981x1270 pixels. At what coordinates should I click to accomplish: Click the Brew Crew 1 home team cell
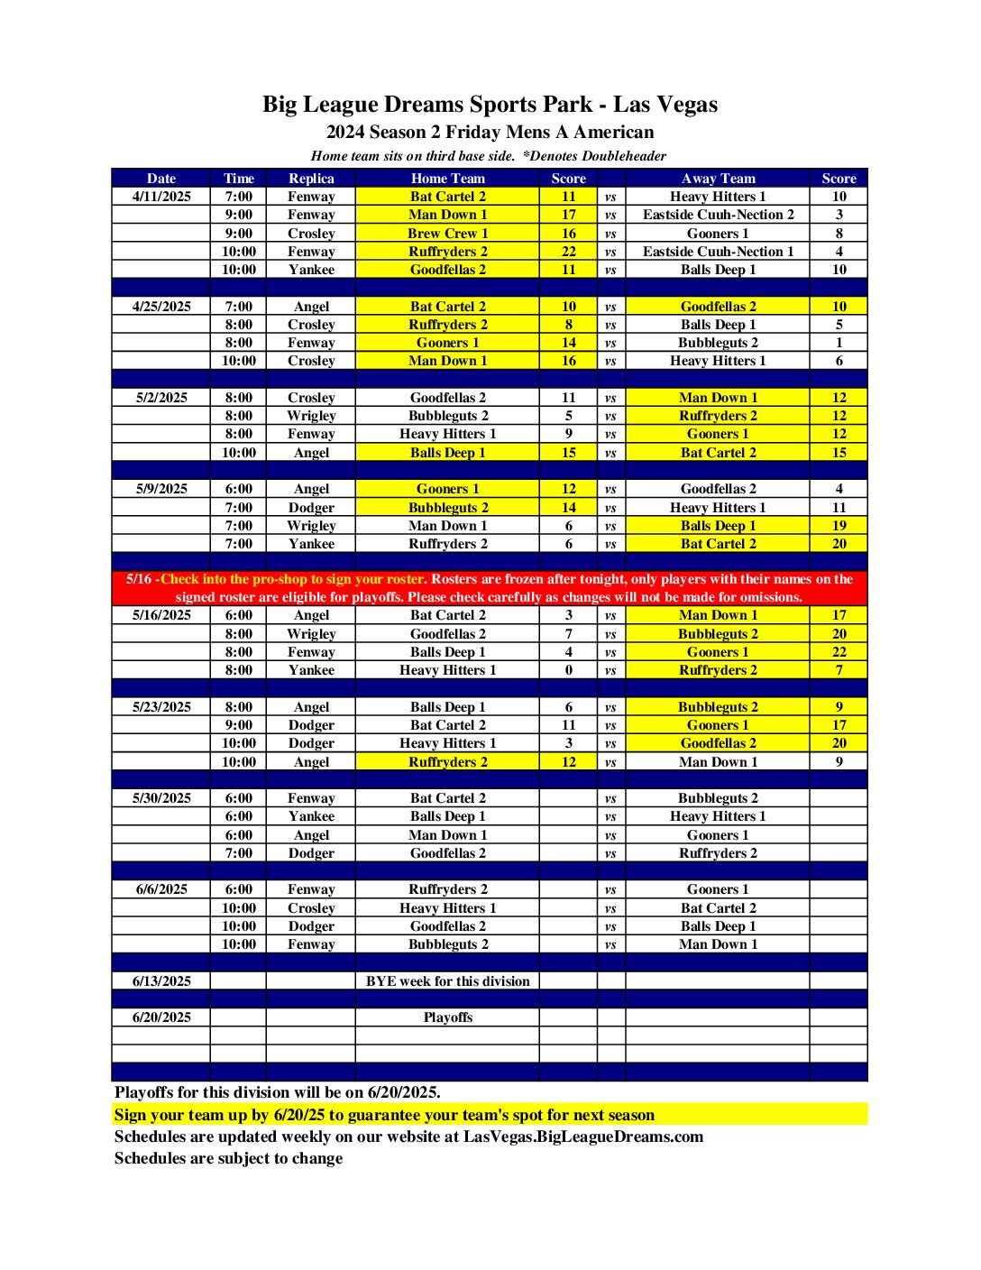447,233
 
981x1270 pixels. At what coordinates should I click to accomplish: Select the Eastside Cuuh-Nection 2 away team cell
718,215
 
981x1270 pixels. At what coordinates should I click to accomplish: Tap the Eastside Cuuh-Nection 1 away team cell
718,252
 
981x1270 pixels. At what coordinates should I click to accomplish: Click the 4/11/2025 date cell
161,197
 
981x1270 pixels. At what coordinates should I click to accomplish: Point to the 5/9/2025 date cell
161,489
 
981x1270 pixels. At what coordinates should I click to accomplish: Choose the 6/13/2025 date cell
161,981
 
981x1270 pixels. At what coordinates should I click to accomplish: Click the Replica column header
311,179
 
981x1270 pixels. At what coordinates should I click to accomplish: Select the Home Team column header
447,179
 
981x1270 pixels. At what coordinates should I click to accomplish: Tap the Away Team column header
718,179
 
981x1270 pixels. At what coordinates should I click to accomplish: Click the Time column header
239,179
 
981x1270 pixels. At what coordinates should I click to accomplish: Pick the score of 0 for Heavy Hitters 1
568,670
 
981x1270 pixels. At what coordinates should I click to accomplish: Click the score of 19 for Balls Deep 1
839,526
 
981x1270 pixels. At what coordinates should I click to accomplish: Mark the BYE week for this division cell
447,981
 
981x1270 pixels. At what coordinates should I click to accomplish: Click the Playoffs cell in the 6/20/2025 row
447,1017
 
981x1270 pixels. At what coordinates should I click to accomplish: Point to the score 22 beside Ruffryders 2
568,252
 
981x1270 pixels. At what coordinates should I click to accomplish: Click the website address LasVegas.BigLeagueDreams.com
582,1137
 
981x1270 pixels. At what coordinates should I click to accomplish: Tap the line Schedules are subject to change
228,1158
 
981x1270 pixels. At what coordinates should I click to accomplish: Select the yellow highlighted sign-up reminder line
384,1115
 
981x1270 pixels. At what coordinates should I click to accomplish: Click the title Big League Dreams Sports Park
490,105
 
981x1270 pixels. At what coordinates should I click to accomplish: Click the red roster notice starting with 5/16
490,588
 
